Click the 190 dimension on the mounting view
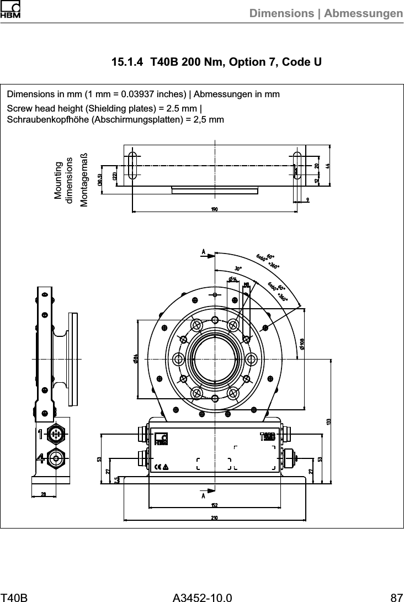pyautogui.click(x=214, y=209)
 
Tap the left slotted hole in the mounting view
pyautogui.click(x=132, y=165)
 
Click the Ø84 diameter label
pyautogui.click(x=135, y=358)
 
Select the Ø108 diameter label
pyautogui.click(x=302, y=344)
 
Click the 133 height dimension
pyautogui.click(x=328, y=421)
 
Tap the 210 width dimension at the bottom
pyautogui.click(x=214, y=517)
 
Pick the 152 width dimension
pyautogui.click(x=214, y=505)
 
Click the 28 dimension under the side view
pyautogui.click(x=44, y=494)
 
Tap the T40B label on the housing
pyautogui.click(x=267, y=437)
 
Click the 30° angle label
pyautogui.click(x=238, y=268)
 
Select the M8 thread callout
pyautogui.click(x=247, y=284)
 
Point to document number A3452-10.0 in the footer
pyautogui.click(x=202, y=596)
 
